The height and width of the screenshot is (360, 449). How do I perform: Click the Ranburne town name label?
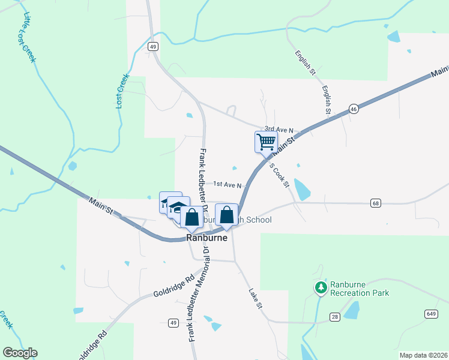coord(207,237)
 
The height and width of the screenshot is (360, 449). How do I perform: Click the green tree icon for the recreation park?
coord(321,288)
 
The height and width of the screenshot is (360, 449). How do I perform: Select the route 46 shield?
coord(354,109)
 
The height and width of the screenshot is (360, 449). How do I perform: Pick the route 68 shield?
coord(376,203)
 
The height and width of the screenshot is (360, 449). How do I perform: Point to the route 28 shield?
coord(334,316)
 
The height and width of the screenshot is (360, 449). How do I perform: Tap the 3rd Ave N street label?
coord(279,130)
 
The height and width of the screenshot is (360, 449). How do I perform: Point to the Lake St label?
coord(256,298)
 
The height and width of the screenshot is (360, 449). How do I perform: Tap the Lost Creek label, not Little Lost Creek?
coord(122,91)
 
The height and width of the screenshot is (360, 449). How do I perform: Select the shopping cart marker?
coord(266,143)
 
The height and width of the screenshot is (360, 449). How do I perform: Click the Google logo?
coord(20,353)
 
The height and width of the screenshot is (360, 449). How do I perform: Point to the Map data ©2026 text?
coord(423,355)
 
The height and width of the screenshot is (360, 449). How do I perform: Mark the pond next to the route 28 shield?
coord(352,310)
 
